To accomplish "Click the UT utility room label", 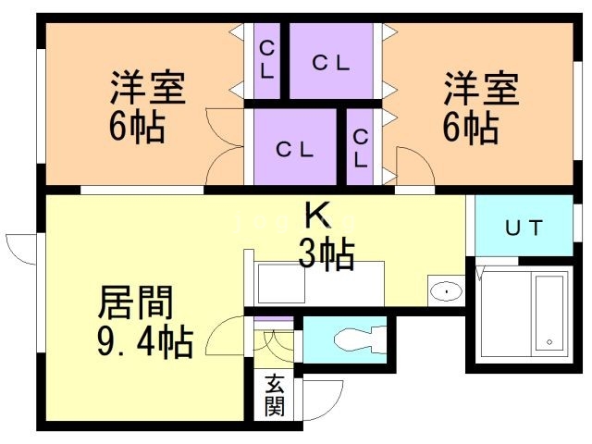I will click(x=523, y=228).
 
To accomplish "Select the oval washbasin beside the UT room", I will click(x=446, y=293).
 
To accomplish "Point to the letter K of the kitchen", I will click(x=316, y=216).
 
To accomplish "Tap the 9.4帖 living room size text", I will click(x=145, y=343).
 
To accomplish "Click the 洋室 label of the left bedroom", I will click(x=149, y=90).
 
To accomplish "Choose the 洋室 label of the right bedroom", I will click(x=480, y=90).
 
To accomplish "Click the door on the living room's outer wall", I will click(x=20, y=248).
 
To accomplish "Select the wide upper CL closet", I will click(x=330, y=62).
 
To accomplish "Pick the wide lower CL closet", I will click(x=295, y=148).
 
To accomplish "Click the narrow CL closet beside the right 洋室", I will click(x=360, y=147).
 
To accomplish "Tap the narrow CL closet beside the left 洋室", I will click(x=266, y=60).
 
